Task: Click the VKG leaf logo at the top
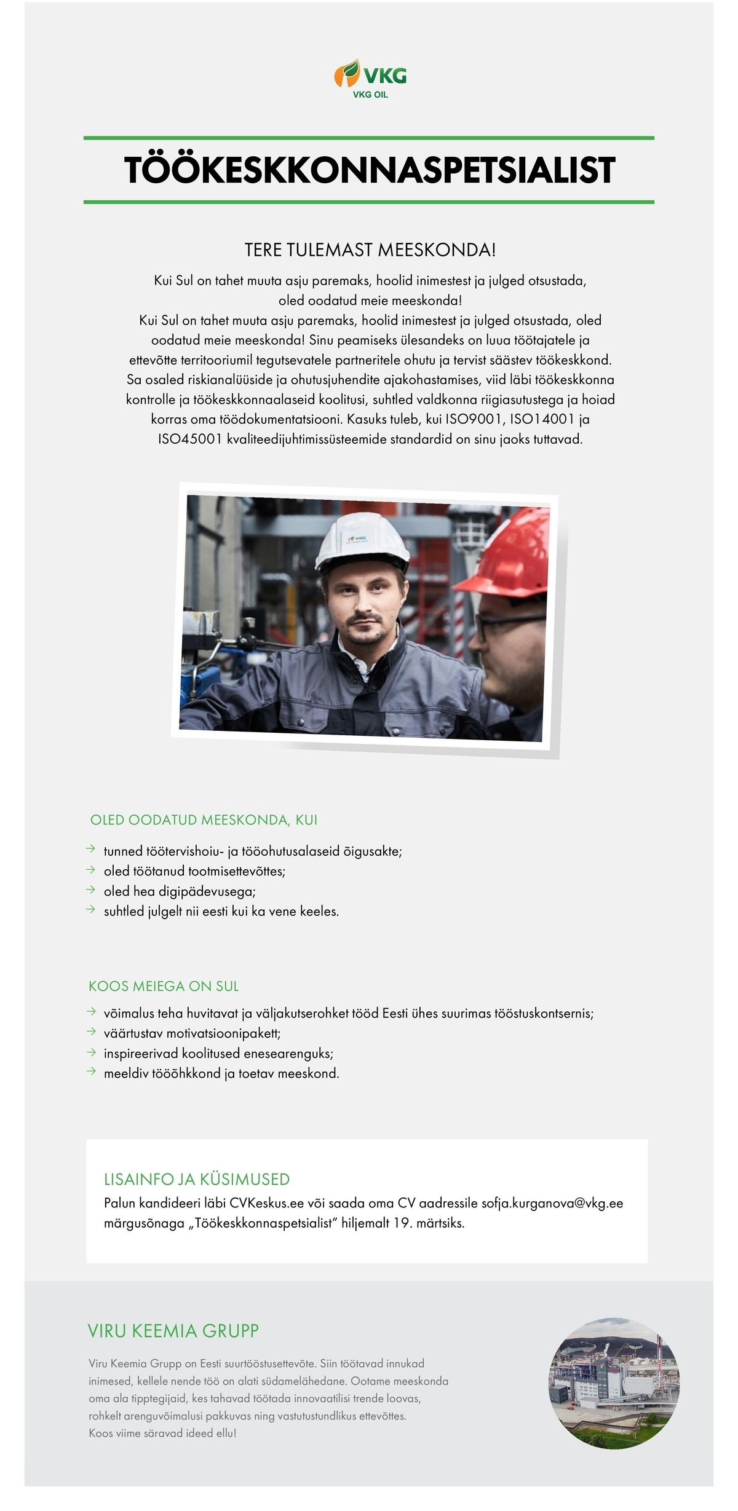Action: (347, 74)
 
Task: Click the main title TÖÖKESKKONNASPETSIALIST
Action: (369, 170)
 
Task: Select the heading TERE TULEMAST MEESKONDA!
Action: (370, 250)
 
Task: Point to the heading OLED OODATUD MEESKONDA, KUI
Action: (204, 819)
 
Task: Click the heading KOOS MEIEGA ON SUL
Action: (164, 986)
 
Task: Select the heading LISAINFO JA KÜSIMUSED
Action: (197, 1179)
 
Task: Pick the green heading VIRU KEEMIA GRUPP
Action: (173, 1331)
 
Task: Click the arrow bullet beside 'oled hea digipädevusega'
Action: (91, 890)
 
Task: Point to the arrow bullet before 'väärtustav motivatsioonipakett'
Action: (91, 1032)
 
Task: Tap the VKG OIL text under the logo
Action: (370, 95)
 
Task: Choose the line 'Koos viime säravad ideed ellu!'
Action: (162, 1433)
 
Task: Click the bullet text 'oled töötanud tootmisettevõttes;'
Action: (194, 871)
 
